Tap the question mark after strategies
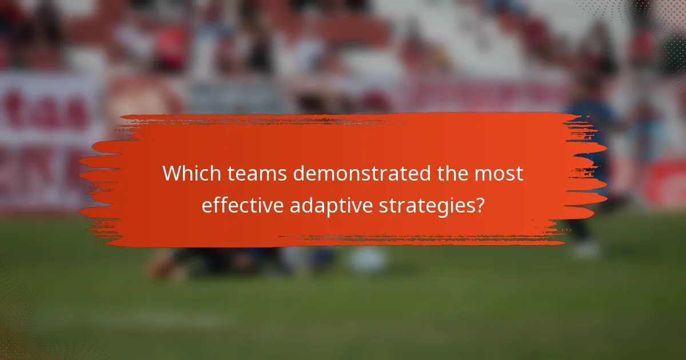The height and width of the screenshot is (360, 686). tap(479, 204)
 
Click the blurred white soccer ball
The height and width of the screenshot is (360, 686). tap(367, 260)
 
